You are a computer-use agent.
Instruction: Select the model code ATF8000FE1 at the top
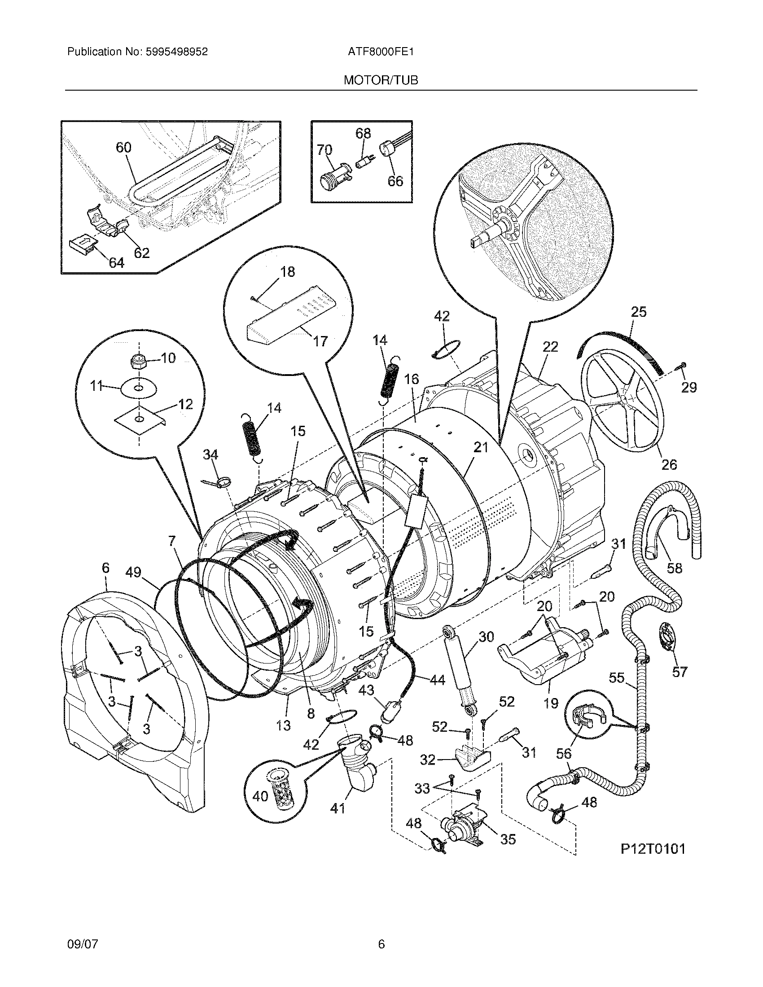click(381, 52)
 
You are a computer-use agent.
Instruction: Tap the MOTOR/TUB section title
click(381, 80)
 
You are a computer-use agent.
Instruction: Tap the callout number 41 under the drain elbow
click(338, 808)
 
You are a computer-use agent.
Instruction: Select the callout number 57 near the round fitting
click(680, 672)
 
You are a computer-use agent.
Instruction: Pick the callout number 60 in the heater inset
click(123, 147)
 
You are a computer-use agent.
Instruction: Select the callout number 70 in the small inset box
click(324, 149)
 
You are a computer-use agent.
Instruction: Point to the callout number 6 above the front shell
click(105, 568)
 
